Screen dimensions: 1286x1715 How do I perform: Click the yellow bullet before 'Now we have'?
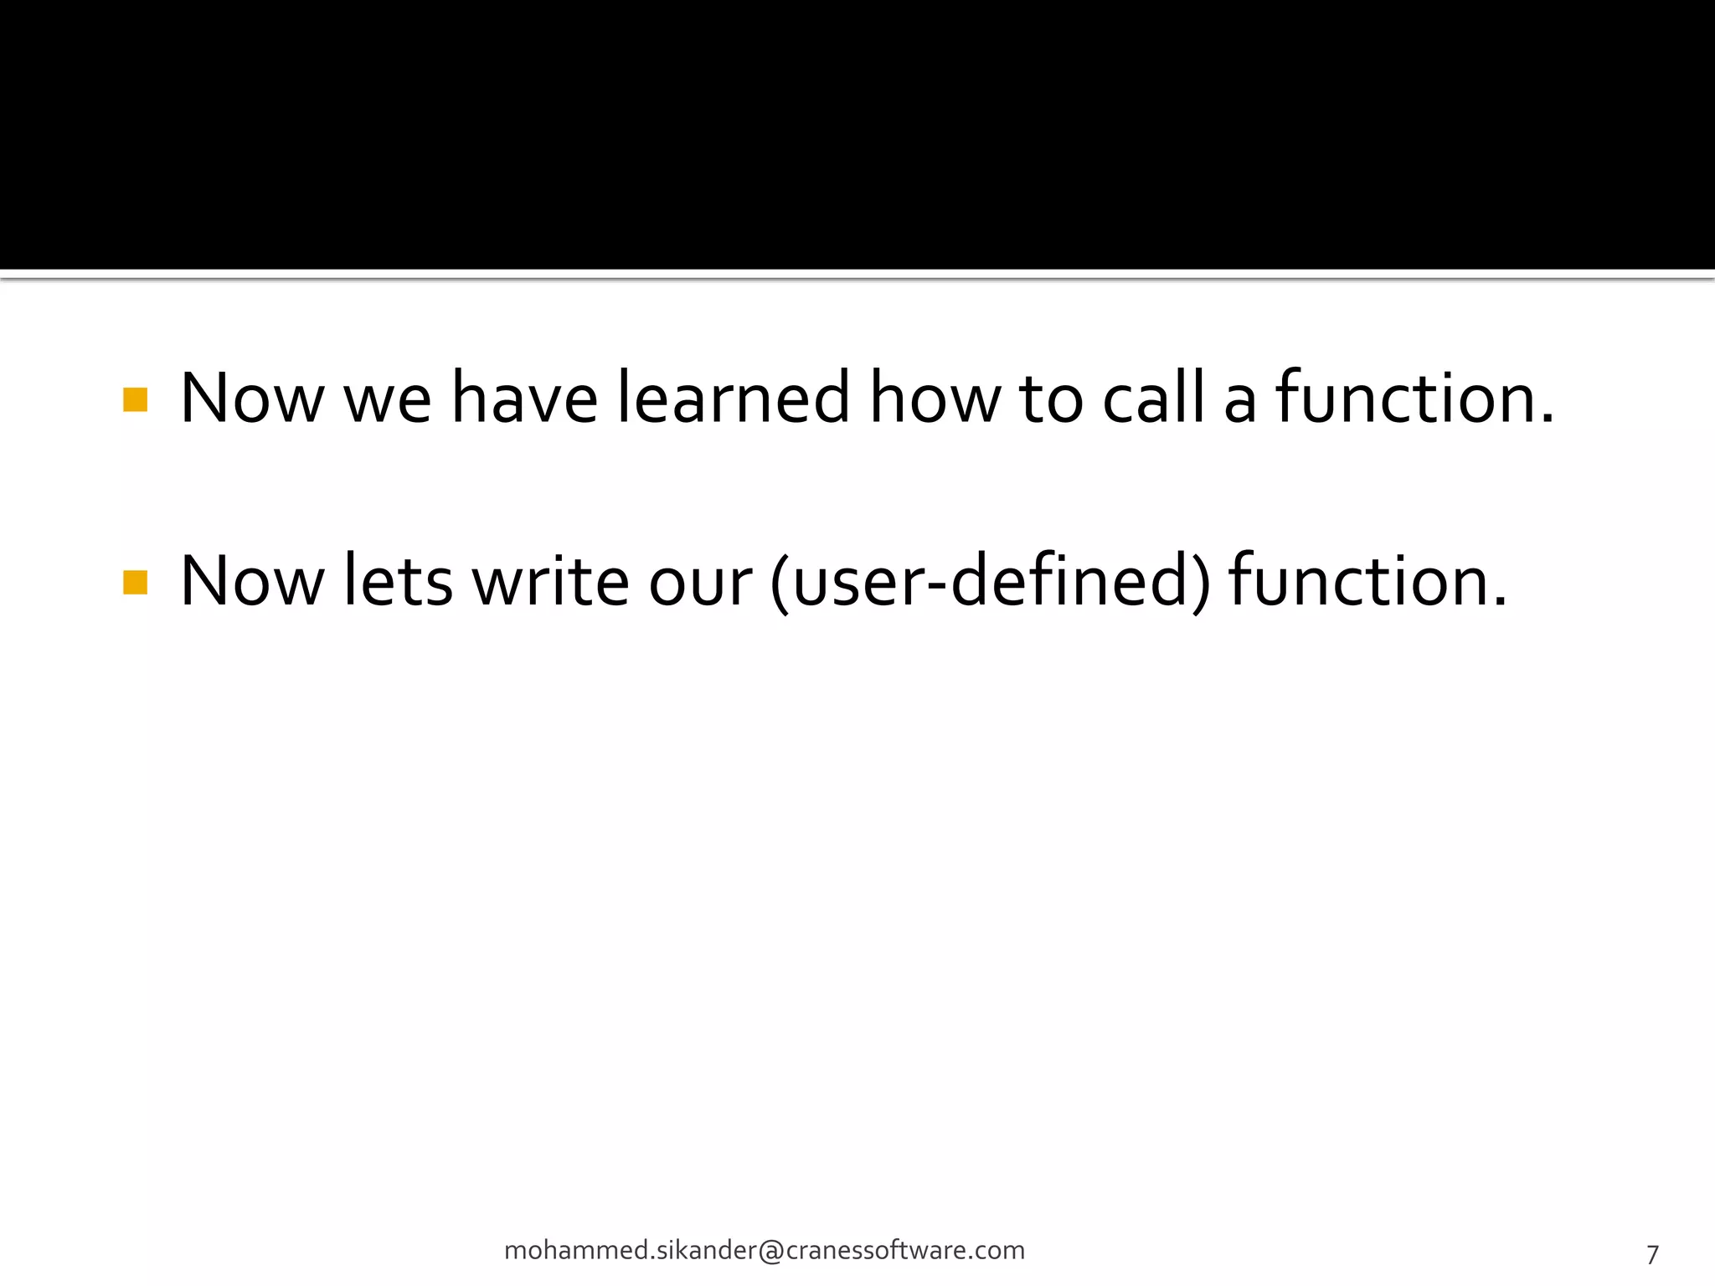click(135, 400)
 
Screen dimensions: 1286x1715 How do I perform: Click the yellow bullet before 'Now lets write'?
click(135, 583)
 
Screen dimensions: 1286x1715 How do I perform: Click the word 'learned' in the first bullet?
click(734, 399)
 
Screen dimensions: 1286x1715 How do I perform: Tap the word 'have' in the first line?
click(524, 399)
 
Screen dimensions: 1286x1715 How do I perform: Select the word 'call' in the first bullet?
click(1153, 399)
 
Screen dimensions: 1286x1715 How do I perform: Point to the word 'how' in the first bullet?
click(934, 399)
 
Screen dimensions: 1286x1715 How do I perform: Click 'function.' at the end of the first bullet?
click(1414, 399)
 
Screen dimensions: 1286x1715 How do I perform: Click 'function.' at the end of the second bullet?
click(1367, 581)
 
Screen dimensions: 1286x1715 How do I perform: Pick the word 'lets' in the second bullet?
click(399, 581)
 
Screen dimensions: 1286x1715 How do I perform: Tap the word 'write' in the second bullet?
click(550, 581)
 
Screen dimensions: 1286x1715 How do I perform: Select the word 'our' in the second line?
click(700, 584)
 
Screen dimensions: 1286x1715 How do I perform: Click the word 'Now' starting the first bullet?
click(252, 399)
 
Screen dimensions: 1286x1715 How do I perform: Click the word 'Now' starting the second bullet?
click(252, 581)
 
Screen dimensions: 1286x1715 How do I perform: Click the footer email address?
click(764, 1250)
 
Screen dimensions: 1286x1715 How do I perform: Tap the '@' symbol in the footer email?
click(771, 1251)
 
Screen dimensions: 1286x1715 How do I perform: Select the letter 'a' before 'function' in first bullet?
click(1239, 404)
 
